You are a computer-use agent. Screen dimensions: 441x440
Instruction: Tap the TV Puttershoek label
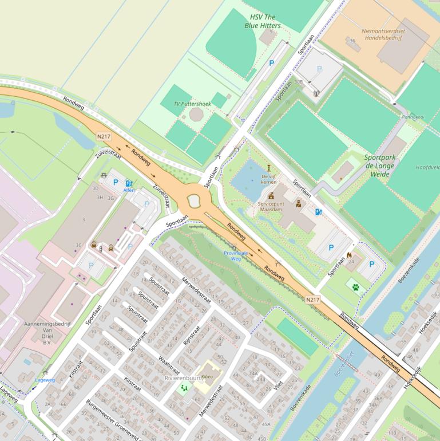click(193, 104)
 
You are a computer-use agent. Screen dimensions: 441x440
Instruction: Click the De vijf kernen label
click(268, 179)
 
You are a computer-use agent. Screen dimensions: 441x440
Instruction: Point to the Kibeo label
click(207, 376)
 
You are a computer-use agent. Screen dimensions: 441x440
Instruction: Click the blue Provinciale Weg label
click(236, 255)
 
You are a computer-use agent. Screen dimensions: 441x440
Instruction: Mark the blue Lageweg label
click(45, 380)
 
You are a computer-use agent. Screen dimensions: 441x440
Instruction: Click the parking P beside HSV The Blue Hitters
click(272, 64)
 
